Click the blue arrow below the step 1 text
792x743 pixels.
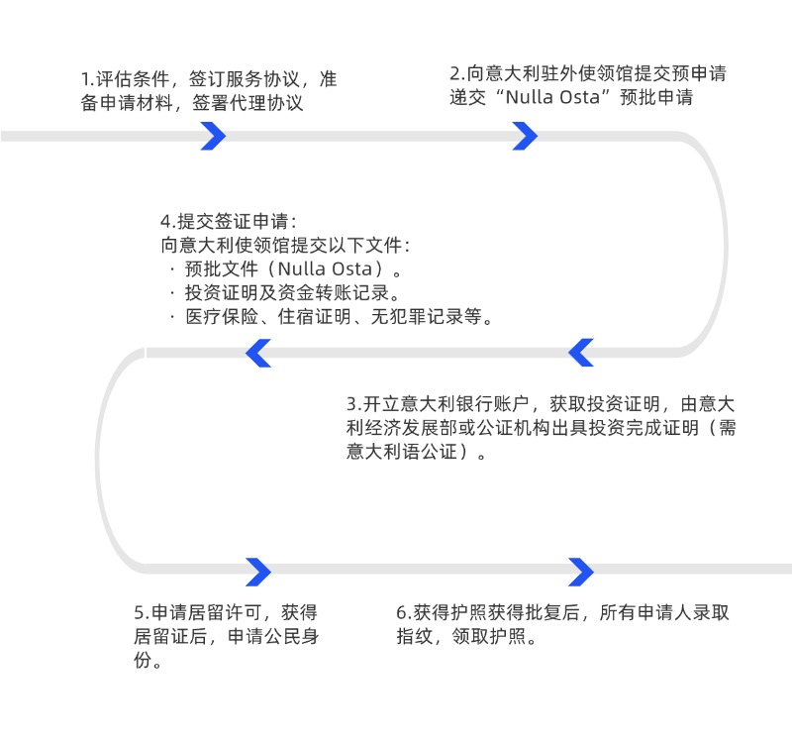(x=213, y=136)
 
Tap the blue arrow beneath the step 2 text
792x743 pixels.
(x=525, y=136)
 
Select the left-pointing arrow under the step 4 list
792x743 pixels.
(x=258, y=353)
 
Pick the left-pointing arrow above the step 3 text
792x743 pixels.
(x=580, y=353)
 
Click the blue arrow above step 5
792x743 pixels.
(x=258, y=572)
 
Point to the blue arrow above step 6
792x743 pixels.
(x=581, y=572)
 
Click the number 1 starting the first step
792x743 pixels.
(x=85, y=80)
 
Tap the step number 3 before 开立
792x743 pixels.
(x=351, y=405)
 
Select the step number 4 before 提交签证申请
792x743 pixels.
(x=165, y=221)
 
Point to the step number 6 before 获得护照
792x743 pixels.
(x=401, y=612)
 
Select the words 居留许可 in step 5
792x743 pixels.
(x=223, y=612)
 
